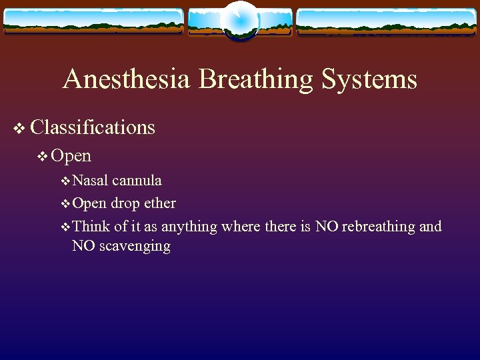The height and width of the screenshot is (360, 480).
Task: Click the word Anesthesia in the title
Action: [127, 80]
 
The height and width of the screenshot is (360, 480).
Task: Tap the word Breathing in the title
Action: [256, 80]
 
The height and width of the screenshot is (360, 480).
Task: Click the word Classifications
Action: [93, 127]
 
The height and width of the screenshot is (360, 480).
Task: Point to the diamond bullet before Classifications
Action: [19, 127]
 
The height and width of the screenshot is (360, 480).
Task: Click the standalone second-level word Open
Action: [71, 156]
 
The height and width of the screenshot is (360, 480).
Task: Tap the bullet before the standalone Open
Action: [43, 157]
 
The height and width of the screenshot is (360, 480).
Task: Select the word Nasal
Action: [91, 181]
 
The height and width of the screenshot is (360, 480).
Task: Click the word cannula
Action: [137, 181]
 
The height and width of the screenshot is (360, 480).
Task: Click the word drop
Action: [125, 203]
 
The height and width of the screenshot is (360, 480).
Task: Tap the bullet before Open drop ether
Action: [65, 203]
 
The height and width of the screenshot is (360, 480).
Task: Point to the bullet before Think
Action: [65, 227]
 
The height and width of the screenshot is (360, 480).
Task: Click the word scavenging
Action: [135, 247]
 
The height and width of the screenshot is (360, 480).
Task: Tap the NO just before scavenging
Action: [83, 246]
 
